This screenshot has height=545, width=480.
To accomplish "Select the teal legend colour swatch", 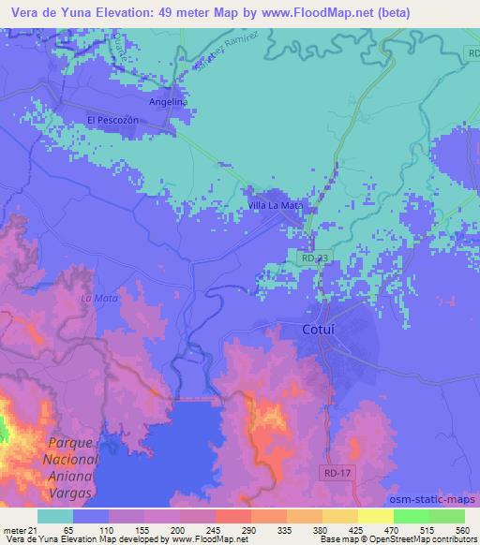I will click(x=55, y=515).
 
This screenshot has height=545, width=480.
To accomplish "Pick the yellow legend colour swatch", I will click(x=376, y=515).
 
